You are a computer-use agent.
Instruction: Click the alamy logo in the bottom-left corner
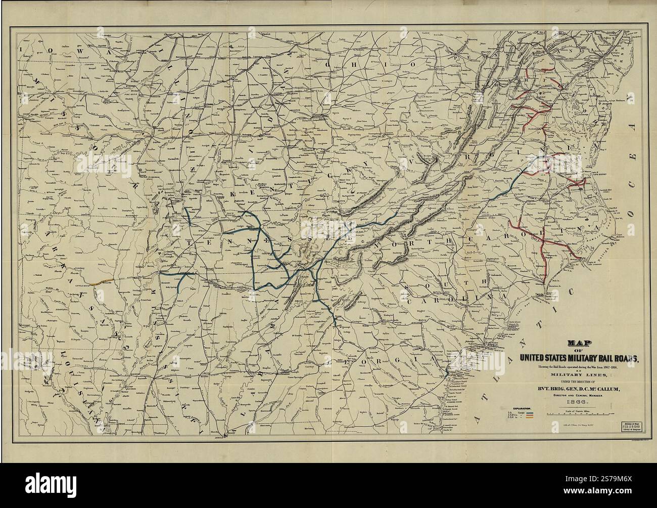(30, 493)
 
